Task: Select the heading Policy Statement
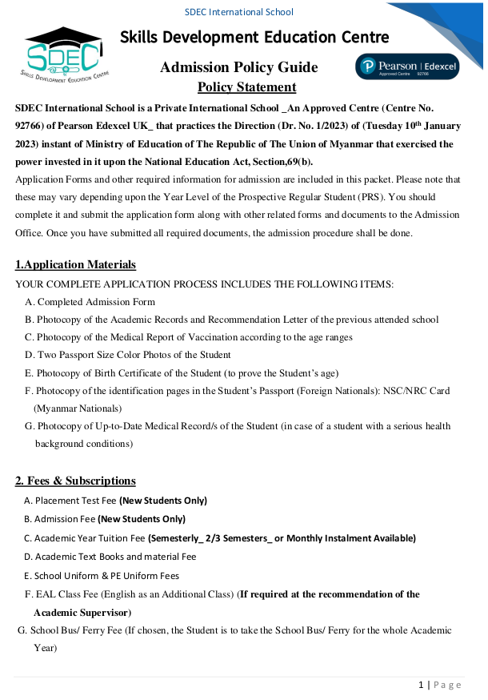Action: click(x=246, y=87)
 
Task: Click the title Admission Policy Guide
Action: click(x=238, y=67)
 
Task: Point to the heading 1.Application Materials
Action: click(x=75, y=265)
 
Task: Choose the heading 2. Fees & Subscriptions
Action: click(x=75, y=481)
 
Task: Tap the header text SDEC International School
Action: click(x=238, y=12)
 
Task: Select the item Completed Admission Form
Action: click(x=96, y=302)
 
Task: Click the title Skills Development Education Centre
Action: click(x=254, y=37)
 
